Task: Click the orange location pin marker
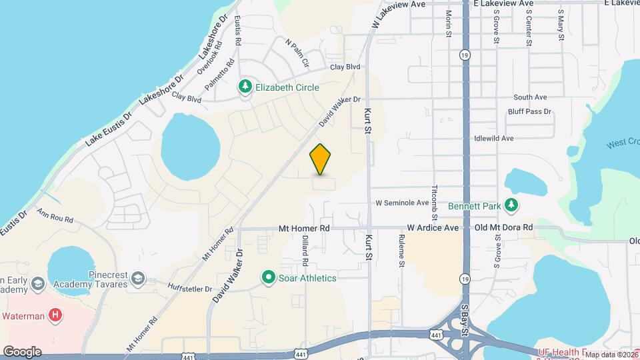point(321,159)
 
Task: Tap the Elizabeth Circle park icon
point(245,87)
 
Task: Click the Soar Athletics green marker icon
point(269,277)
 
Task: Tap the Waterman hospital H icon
point(57,314)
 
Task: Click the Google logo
point(22,351)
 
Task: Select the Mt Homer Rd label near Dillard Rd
point(305,228)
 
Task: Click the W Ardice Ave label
point(433,228)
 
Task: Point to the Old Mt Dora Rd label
point(504,227)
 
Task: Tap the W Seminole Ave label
point(402,203)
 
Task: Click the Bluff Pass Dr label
point(529,112)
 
